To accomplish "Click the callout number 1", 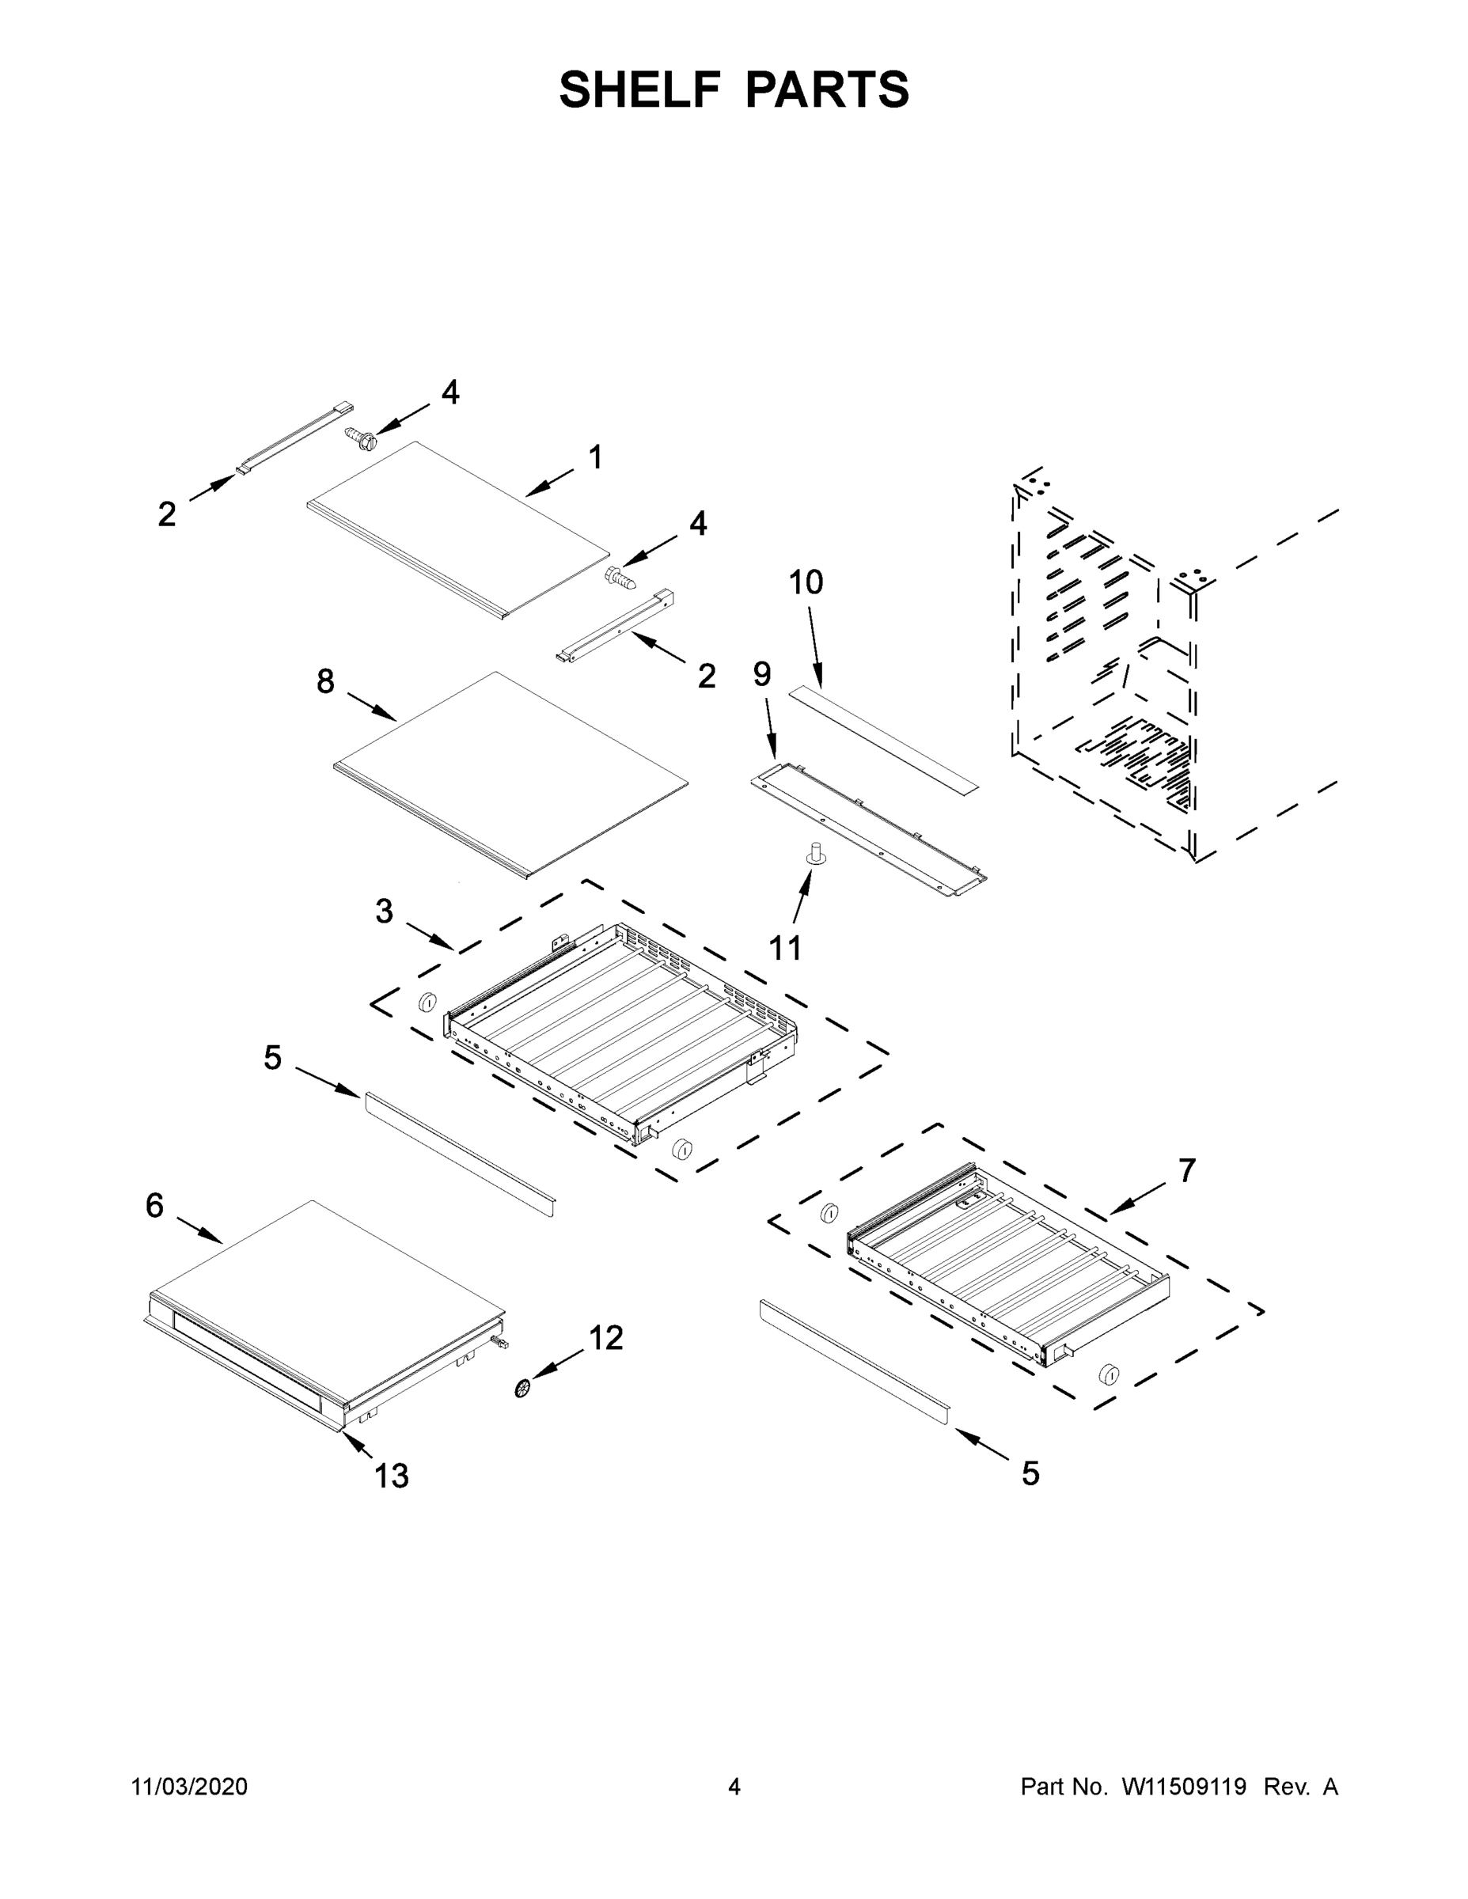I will (x=596, y=457).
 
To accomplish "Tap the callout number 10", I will (x=806, y=582).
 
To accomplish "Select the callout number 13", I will (x=392, y=1476).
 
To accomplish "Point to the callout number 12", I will (x=605, y=1338).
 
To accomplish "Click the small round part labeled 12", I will (x=522, y=1389).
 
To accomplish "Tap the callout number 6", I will (x=154, y=1205).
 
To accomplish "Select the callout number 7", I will (x=1187, y=1171).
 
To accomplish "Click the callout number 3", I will (x=385, y=912).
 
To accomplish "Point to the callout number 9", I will (x=762, y=674).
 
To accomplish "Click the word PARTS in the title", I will (x=827, y=89).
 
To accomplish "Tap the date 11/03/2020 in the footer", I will (x=188, y=1786).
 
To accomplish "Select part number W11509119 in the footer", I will (x=1184, y=1786).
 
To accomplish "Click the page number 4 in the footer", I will (x=734, y=1786).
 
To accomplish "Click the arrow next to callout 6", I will (x=200, y=1230).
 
